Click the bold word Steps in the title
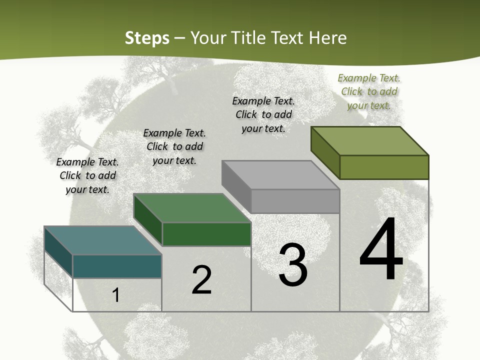[x=147, y=38]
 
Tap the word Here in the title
[x=327, y=38]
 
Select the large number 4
[x=381, y=250]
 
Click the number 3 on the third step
[x=293, y=265]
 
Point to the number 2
[x=202, y=280]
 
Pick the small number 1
[x=116, y=295]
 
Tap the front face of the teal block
[x=117, y=266]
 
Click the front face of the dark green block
[x=206, y=234]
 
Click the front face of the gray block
[x=295, y=201]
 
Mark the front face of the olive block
[x=384, y=167]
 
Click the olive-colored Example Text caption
[x=369, y=91]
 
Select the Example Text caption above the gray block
[x=263, y=114]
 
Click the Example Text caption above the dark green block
[x=174, y=146]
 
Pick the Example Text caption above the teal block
[x=87, y=175]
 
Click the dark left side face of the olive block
[x=325, y=152]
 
